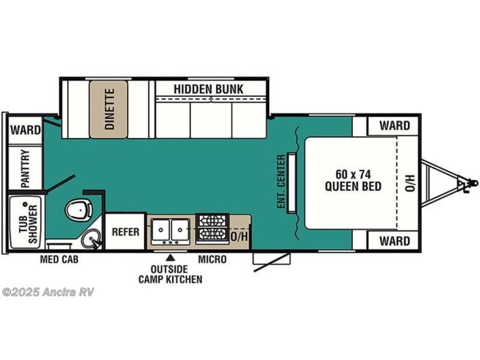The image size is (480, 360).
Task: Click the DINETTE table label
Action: pyautogui.click(x=110, y=109)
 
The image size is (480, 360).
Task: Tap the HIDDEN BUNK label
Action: pyautogui.click(x=209, y=89)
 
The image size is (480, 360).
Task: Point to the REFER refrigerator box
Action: pyautogui.click(x=125, y=231)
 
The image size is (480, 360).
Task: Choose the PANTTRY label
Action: pyautogui.click(x=25, y=168)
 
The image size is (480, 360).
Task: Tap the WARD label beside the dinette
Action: pyautogui.click(x=26, y=130)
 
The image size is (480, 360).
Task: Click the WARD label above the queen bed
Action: pyautogui.click(x=395, y=126)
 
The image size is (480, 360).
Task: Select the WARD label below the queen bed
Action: pyautogui.click(x=395, y=241)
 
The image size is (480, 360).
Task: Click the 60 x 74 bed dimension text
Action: pyautogui.click(x=353, y=174)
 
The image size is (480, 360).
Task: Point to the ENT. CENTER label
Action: pyautogui.click(x=281, y=181)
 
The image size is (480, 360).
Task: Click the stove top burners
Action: pyautogui.click(x=212, y=228)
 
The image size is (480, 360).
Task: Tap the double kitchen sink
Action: pyautogui.click(x=171, y=231)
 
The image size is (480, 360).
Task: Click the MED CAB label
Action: pyautogui.click(x=59, y=259)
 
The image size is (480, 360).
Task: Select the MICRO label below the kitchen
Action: pyautogui.click(x=212, y=259)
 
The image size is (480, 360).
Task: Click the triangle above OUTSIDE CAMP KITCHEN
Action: pyautogui.click(x=171, y=257)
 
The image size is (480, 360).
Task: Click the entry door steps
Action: pyautogui.click(x=271, y=259)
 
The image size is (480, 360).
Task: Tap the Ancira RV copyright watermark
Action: pyautogui.click(x=48, y=292)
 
